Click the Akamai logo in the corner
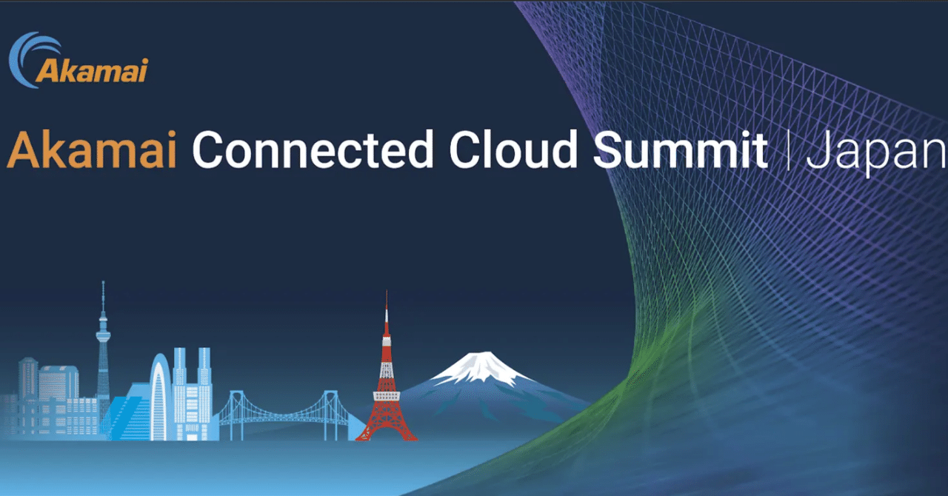[78, 61]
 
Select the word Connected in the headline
[313, 151]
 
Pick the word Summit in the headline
[680, 151]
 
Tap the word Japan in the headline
[877, 154]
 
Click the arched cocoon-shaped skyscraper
[160, 396]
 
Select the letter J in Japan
[817, 151]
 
